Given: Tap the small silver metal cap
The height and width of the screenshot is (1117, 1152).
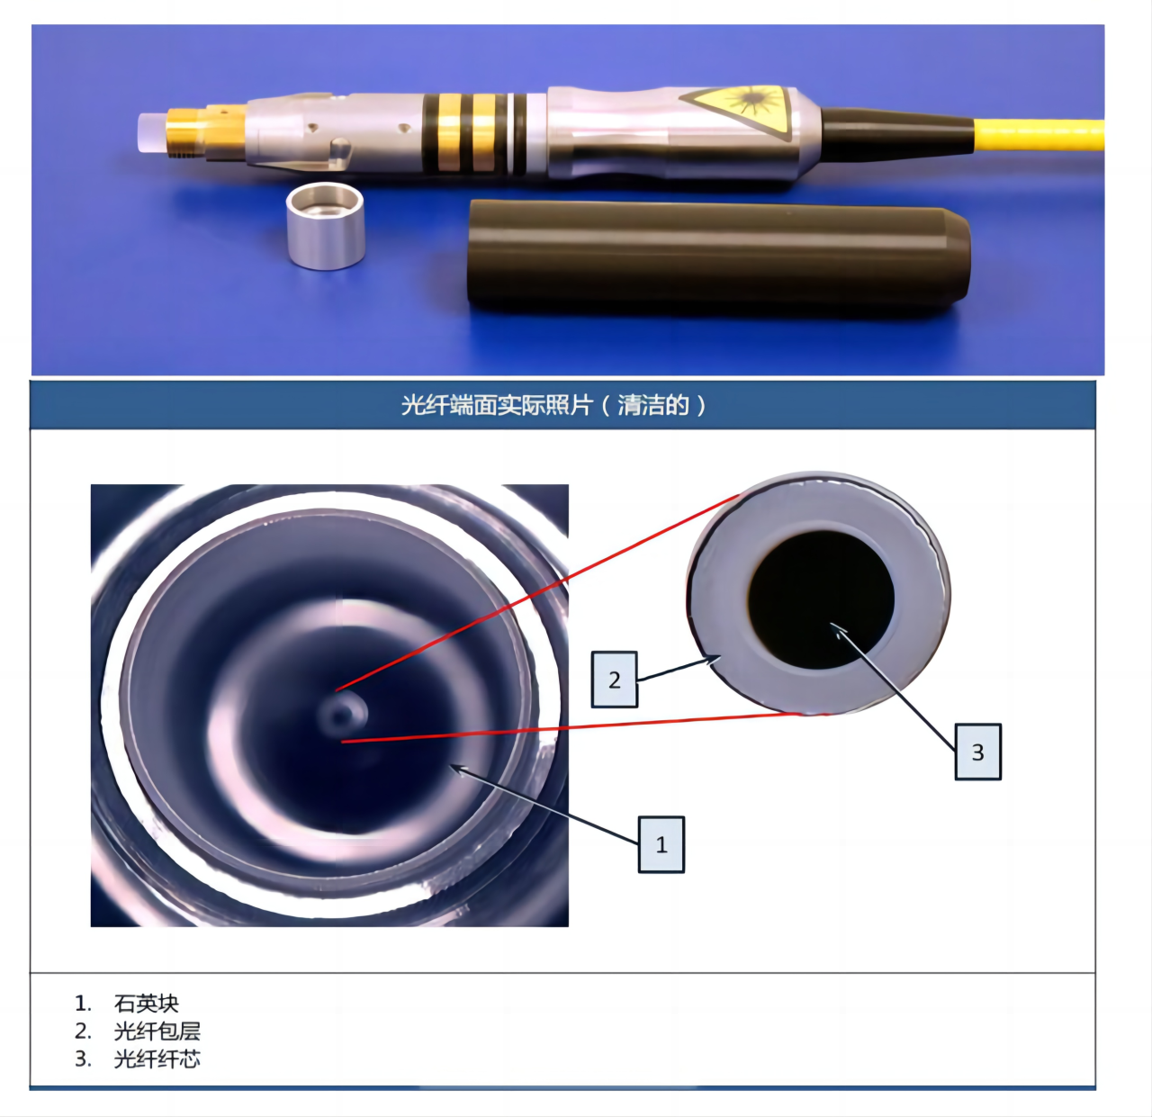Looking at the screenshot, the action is click(325, 226).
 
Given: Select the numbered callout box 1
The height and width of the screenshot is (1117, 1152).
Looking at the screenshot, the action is click(661, 844).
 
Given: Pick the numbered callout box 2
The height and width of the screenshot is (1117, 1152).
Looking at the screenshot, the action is click(615, 680).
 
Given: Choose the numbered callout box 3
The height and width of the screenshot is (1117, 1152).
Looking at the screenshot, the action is click(978, 752).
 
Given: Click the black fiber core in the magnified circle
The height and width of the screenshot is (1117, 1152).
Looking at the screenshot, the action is click(821, 599).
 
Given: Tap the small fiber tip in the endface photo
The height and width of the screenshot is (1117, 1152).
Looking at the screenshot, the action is click(341, 715).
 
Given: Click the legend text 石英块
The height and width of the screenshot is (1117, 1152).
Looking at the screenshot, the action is click(146, 1004).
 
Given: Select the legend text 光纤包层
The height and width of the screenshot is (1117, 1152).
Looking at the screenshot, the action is click(157, 1031).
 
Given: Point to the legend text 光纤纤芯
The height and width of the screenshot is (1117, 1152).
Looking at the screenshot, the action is click(157, 1059).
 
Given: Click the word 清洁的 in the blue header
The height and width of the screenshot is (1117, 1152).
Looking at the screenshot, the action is click(653, 405).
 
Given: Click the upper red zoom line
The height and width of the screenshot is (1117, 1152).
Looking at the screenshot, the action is click(537, 592).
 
